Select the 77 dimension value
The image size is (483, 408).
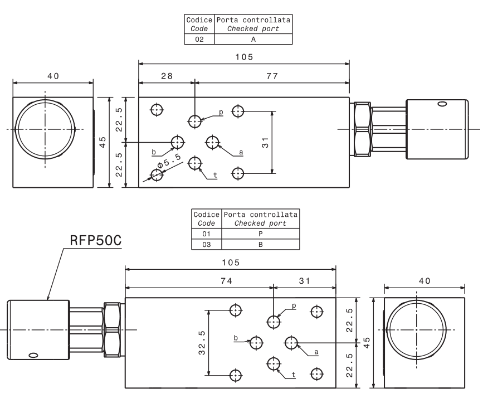272,76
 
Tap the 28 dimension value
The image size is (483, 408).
167,76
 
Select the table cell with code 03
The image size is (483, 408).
206,244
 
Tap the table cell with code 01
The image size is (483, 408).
206,234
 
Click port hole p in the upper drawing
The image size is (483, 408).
195,120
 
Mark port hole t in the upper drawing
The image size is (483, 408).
195,163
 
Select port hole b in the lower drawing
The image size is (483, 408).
256,342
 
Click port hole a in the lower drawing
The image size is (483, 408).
292,342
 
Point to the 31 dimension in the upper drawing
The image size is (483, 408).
266,143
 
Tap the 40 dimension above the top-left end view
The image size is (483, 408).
53,76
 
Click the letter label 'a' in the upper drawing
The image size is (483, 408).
241,152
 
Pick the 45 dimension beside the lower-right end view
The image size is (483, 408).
367,342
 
